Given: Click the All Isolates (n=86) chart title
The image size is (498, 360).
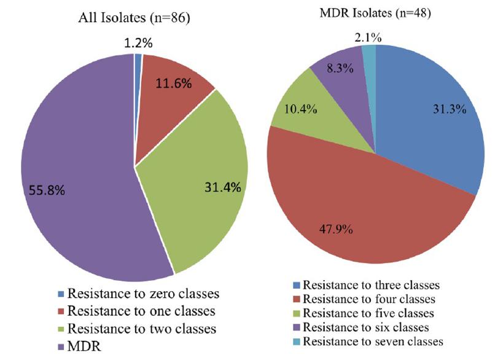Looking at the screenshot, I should tap(134, 18).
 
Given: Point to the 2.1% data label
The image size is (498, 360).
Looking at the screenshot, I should tap(367, 37).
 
